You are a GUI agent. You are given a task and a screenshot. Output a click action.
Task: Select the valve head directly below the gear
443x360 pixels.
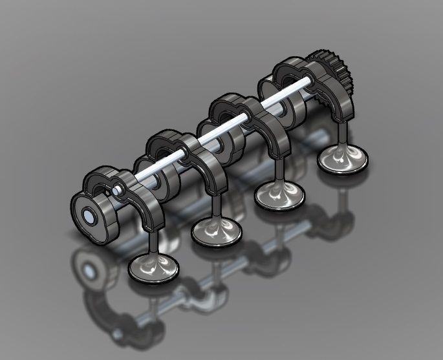(342, 157)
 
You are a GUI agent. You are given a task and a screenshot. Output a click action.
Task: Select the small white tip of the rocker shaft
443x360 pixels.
(117, 191)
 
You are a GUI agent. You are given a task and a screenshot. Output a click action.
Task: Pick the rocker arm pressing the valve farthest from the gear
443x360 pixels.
(146, 204)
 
